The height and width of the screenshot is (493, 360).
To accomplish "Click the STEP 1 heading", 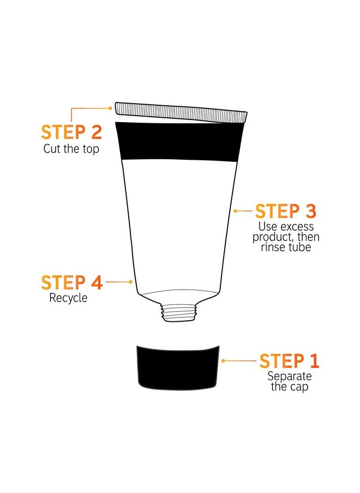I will [289, 361].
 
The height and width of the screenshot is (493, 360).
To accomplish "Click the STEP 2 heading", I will [71, 133].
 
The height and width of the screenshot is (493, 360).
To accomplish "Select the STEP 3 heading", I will [285, 211].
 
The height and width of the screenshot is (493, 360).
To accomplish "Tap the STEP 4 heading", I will [71, 282].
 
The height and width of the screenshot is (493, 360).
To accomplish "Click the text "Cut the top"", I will [71, 148].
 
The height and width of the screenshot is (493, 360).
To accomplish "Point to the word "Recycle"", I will [68, 298].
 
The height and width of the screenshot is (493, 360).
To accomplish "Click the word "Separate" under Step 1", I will [289, 376].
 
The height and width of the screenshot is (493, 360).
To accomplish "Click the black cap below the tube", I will [178, 367].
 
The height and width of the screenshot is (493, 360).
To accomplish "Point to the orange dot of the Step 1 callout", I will [223, 360].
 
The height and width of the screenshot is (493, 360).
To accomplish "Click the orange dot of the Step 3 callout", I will [235, 211].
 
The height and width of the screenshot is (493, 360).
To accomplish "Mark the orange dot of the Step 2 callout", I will [111, 108].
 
